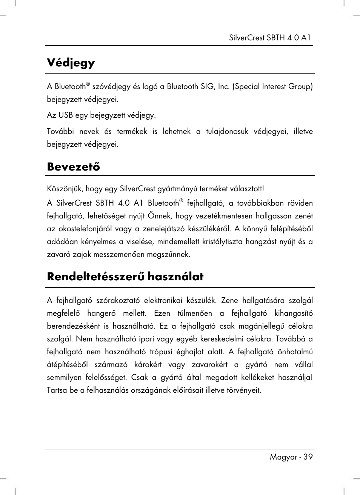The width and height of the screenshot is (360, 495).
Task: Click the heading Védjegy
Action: [71, 63]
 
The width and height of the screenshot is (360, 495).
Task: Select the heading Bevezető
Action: [74, 166]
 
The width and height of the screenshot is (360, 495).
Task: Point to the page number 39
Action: [308, 457]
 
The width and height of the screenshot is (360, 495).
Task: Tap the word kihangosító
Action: [294, 314]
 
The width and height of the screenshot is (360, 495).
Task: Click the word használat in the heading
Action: [175, 277]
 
